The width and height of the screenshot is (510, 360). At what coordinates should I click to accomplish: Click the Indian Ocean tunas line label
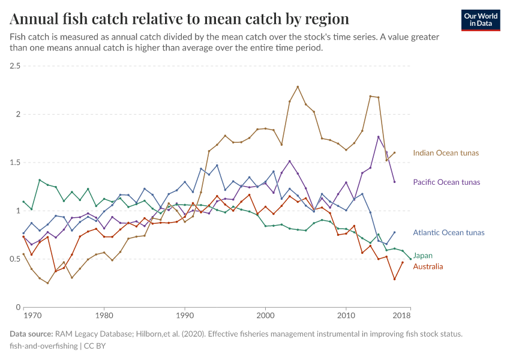[446, 153]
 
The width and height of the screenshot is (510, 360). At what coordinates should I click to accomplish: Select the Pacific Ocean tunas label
[446, 182]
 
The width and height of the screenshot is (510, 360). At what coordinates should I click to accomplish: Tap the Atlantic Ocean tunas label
[448, 233]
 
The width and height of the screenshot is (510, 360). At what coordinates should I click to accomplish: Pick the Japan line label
[423, 256]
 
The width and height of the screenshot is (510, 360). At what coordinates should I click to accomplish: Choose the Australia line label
[428, 266]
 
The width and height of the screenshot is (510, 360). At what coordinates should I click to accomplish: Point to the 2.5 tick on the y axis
[14, 65]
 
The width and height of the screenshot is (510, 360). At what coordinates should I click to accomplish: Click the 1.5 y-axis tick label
[14, 163]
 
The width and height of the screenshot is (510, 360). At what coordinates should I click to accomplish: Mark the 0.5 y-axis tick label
[14, 259]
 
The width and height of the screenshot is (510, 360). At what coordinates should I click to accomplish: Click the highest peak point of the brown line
[298, 87]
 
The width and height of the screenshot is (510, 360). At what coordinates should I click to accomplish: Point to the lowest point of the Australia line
[394, 279]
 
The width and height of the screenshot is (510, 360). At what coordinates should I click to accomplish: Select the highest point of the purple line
[379, 137]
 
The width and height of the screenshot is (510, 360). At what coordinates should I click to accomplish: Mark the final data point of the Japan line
[410, 259]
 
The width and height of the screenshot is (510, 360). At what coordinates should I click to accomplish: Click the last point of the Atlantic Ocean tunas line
[394, 232]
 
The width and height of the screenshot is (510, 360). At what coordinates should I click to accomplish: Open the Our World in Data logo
[481, 20]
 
